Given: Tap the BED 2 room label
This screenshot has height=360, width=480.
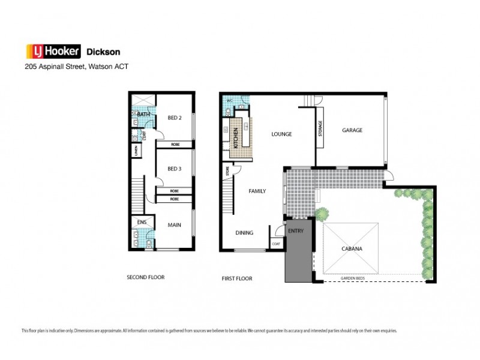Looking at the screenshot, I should (x=174, y=118).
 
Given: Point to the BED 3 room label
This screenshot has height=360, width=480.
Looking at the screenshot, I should (x=174, y=169).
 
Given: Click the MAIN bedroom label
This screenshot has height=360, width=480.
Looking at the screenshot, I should (x=175, y=226).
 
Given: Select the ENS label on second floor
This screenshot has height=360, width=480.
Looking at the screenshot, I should (x=142, y=223).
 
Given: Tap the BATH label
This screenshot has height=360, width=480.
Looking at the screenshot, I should (x=143, y=114).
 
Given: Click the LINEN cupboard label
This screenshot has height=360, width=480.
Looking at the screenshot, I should (x=136, y=150).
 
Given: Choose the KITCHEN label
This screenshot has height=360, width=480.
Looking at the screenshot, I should (x=236, y=138).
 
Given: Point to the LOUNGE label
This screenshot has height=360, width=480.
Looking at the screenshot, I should (x=281, y=134).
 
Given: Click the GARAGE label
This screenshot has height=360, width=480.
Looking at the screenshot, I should (x=352, y=130).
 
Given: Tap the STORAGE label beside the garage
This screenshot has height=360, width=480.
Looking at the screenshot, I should (x=320, y=129).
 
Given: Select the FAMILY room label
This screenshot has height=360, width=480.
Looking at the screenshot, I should (x=257, y=191).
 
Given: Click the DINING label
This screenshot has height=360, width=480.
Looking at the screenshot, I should (x=244, y=233).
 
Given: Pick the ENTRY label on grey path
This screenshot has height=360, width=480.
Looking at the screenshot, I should (x=296, y=231).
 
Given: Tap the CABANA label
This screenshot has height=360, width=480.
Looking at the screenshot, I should (x=351, y=248).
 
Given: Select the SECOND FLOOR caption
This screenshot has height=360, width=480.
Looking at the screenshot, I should (x=145, y=277).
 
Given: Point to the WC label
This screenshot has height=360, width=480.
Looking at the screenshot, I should (x=229, y=100).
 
